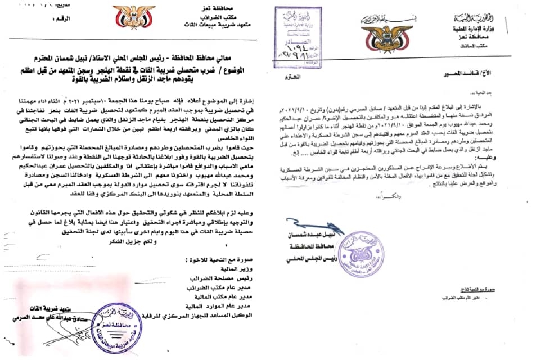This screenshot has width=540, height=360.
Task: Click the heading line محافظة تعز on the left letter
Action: [x=230, y=5]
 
